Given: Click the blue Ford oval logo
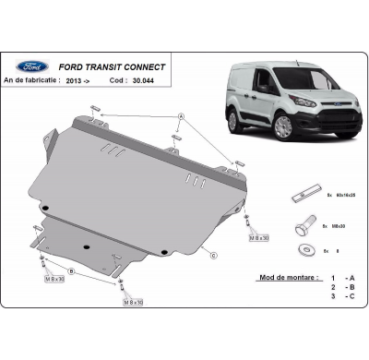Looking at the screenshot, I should tap(33, 66).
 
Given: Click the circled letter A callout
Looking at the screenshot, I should tap(181, 116).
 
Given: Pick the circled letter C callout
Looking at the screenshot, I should tap(213, 255).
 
